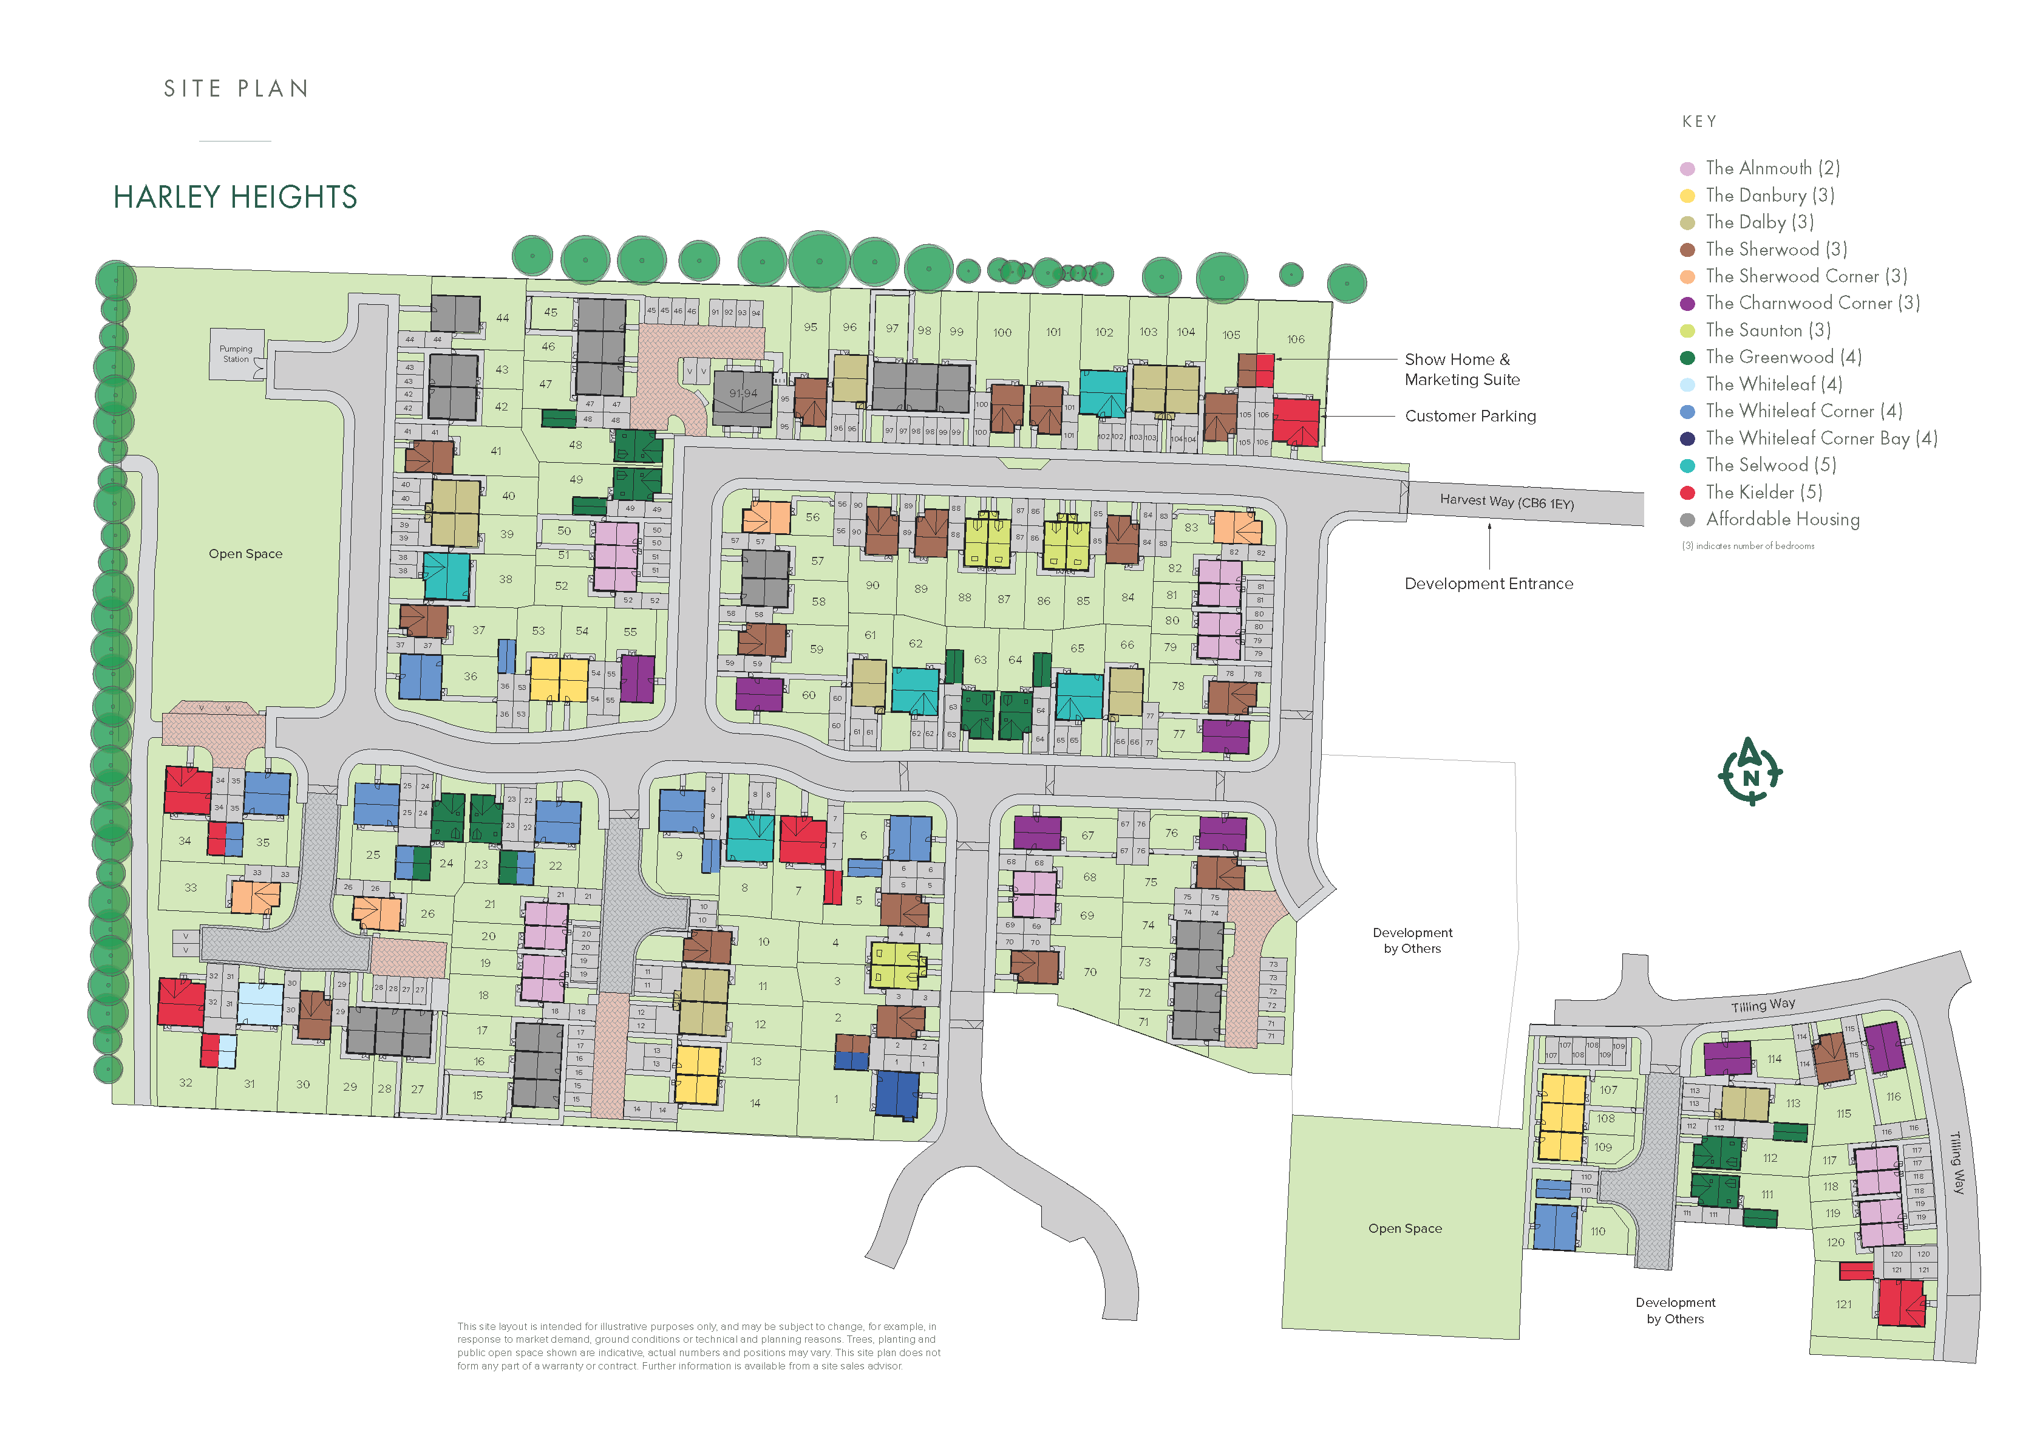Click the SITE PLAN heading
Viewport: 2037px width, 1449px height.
point(236,88)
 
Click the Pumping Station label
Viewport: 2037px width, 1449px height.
point(236,354)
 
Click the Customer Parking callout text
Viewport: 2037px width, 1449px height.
point(1470,416)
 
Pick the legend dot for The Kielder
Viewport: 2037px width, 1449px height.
point(1687,493)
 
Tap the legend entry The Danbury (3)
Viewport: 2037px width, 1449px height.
point(1769,196)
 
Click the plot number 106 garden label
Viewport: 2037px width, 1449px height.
point(1295,339)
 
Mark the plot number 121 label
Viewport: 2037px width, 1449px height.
point(1843,1304)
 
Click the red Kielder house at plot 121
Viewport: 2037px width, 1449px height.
point(1900,1304)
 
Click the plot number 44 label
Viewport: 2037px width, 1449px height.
point(502,318)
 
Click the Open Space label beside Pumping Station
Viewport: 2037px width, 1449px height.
point(245,554)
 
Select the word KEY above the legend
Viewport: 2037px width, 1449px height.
point(1698,121)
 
